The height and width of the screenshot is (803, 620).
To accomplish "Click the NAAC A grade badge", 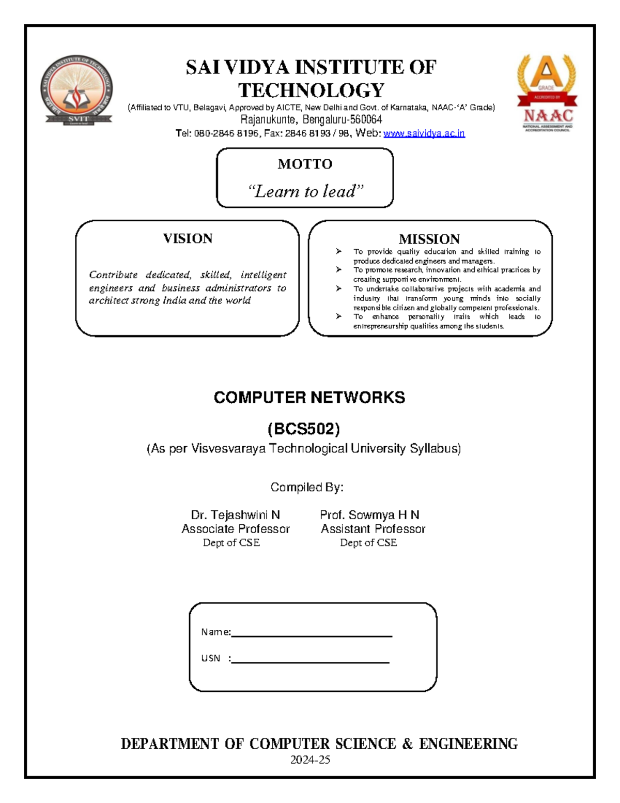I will (x=547, y=93).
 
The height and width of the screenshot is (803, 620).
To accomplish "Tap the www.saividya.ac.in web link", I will (x=424, y=133).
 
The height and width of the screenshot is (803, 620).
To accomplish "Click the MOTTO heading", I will (x=305, y=164).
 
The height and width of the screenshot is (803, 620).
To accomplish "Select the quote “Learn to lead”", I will (x=305, y=191).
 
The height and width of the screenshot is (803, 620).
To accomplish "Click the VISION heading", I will (x=188, y=238).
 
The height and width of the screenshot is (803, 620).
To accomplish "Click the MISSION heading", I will (x=429, y=239).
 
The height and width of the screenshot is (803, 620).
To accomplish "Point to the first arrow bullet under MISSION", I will (x=338, y=251).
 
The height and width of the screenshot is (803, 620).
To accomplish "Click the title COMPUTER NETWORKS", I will (x=309, y=397).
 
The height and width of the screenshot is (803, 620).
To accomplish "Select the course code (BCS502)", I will (x=304, y=429).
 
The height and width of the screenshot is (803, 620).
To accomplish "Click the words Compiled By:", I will (x=307, y=487).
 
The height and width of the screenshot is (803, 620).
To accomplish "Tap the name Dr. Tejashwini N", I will (x=235, y=515).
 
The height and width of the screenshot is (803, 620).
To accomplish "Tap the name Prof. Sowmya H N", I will (x=369, y=515).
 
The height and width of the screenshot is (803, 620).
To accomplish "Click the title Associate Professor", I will (x=235, y=529).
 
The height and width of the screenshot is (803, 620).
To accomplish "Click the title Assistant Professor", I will (x=373, y=529).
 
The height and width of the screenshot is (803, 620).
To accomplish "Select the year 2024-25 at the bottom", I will (x=310, y=760).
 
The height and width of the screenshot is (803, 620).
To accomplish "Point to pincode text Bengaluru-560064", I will (x=342, y=120).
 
